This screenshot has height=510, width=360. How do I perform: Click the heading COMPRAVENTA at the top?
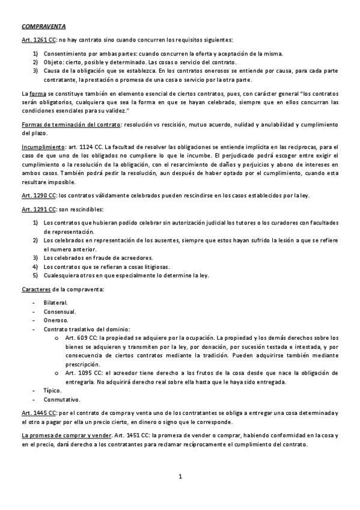tap(44, 27)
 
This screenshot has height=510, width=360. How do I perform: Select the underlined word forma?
tap(37, 94)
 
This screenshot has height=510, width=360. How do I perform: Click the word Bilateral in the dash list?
tap(55, 302)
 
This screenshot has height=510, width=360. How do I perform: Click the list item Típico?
tap(52, 390)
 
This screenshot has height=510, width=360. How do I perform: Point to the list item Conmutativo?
tap(61, 399)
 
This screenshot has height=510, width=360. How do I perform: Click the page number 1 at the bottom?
tap(180, 478)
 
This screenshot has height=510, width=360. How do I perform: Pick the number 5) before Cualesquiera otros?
tap(35, 275)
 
